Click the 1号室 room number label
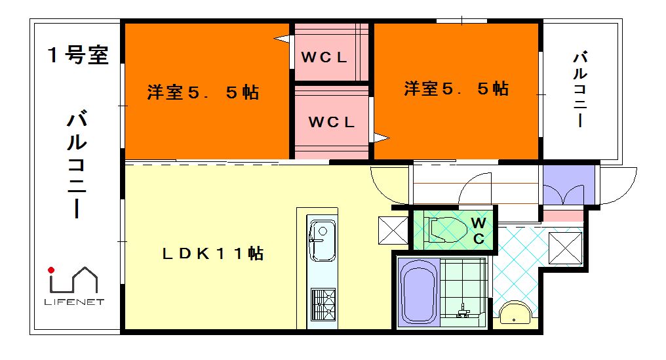77,55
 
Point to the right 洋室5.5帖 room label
456,88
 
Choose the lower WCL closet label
331,122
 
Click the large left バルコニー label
77,165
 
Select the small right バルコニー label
579,89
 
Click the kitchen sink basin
321,233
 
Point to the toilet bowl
446,230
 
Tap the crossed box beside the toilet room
391,230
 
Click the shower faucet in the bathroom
464,310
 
